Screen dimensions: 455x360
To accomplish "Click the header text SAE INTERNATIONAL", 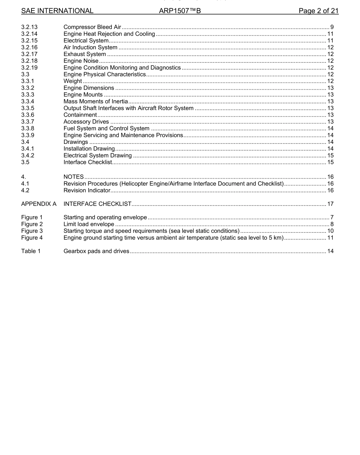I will [x=57, y=11].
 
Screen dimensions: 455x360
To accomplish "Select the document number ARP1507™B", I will [x=180, y=11].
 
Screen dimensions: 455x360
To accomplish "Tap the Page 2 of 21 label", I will [x=318, y=11].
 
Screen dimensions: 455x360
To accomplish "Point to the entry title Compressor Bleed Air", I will [x=92, y=27].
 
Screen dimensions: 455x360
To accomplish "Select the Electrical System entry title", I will [x=86, y=41].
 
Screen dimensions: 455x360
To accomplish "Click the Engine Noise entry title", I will [x=81, y=61].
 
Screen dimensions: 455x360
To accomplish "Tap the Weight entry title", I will [x=73, y=81].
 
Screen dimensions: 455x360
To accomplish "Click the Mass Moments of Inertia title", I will [x=95, y=101].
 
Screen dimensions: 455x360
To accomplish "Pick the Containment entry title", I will [x=80, y=115].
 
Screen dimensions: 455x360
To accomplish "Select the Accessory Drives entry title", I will [x=86, y=122].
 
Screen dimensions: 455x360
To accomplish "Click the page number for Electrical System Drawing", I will [x=330, y=156].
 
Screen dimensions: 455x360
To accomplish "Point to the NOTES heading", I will [x=74, y=177].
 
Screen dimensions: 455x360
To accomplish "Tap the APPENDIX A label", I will [x=39, y=204].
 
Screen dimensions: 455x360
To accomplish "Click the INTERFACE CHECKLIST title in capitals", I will [x=97, y=204].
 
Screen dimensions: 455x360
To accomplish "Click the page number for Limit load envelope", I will [x=332, y=224].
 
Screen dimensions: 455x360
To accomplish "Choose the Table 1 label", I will [x=31, y=251].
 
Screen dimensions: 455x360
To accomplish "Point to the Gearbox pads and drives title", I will [x=96, y=251].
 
